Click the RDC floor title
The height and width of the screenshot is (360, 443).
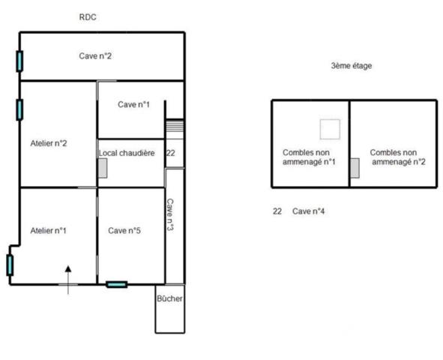click(88, 16)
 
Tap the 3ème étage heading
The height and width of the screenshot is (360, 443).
click(351, 66)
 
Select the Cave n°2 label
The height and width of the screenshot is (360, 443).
click(96, 55)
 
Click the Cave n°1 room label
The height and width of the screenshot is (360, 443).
click(134, 104)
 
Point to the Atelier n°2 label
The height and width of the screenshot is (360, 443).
click(49, 142)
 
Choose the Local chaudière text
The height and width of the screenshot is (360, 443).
click(127, 153)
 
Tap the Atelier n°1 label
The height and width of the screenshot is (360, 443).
click(48, 230)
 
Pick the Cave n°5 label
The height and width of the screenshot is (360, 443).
click(125, 230)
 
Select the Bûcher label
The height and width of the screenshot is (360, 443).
click(169, 298)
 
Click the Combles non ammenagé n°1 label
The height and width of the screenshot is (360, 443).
click(309, 157)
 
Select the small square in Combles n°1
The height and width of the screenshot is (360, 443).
click(329, 129)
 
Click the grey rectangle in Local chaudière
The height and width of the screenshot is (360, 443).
click(103, 169)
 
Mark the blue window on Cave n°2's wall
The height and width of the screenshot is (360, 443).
click(19, 60)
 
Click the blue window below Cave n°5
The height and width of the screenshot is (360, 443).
click(116, 284)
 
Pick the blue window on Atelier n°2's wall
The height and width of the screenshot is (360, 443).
click(19, 109)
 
